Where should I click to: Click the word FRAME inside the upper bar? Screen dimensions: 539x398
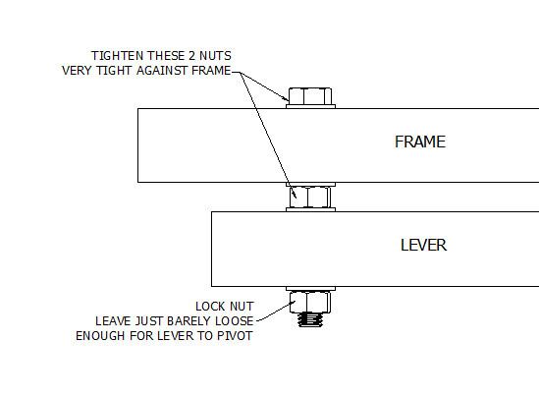[420, 142]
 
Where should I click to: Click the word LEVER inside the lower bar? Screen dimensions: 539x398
[423, 246]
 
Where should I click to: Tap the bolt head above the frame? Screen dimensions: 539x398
[310, 96]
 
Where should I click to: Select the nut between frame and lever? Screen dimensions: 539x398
[310, 197]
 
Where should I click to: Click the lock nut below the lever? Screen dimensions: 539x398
[310, 302]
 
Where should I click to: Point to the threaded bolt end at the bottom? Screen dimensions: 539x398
[310, 319]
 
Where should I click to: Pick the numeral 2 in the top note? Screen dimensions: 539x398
[191, 56]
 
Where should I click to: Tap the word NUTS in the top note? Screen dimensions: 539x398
[216, 56]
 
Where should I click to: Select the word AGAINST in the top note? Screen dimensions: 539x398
[162, 71]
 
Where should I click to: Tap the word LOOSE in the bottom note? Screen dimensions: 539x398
[235, 321]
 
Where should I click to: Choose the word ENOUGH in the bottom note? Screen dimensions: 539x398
[100, 336]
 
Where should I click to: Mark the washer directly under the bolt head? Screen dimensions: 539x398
[310, 107]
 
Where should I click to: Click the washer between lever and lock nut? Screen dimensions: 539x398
[310, 289]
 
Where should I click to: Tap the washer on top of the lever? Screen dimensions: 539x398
[310, 209]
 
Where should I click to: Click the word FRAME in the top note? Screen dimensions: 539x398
[211, 71]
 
